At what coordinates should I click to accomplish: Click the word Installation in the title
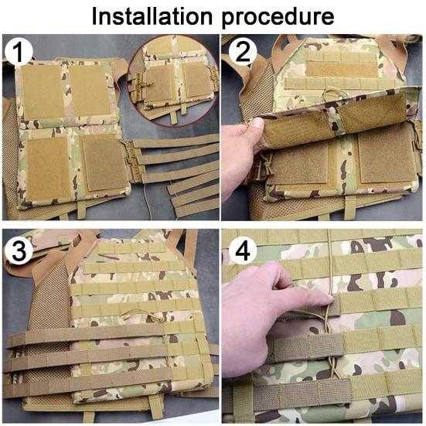(152, 16)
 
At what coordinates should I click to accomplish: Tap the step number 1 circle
(19, 52)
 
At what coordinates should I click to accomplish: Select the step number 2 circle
(242, 51)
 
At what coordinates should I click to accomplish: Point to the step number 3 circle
(19, 250)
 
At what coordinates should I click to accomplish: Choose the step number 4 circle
(243, 250)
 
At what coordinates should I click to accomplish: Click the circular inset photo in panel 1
(173, 80)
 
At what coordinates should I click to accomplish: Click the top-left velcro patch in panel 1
(42, 91)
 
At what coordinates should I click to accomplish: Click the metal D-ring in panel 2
(335, 93)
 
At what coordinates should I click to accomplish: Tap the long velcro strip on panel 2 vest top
(342, 69)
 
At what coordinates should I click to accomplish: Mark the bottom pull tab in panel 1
(81, 210)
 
